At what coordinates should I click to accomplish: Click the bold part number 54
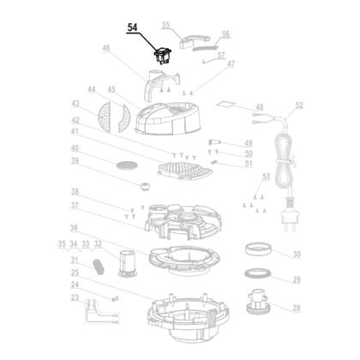(x=132, y=27)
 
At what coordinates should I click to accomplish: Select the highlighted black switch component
(x=163, y=56)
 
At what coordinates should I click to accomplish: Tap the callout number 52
(x=299, y=105)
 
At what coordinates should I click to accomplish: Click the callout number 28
(x=297, y=308)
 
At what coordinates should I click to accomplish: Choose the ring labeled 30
(x=258, y=249)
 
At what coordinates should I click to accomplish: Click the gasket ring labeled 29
(x=257, y=273)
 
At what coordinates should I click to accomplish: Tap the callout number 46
(x=106, y=47)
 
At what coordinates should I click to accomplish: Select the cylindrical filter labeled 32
(x=128, y=263)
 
